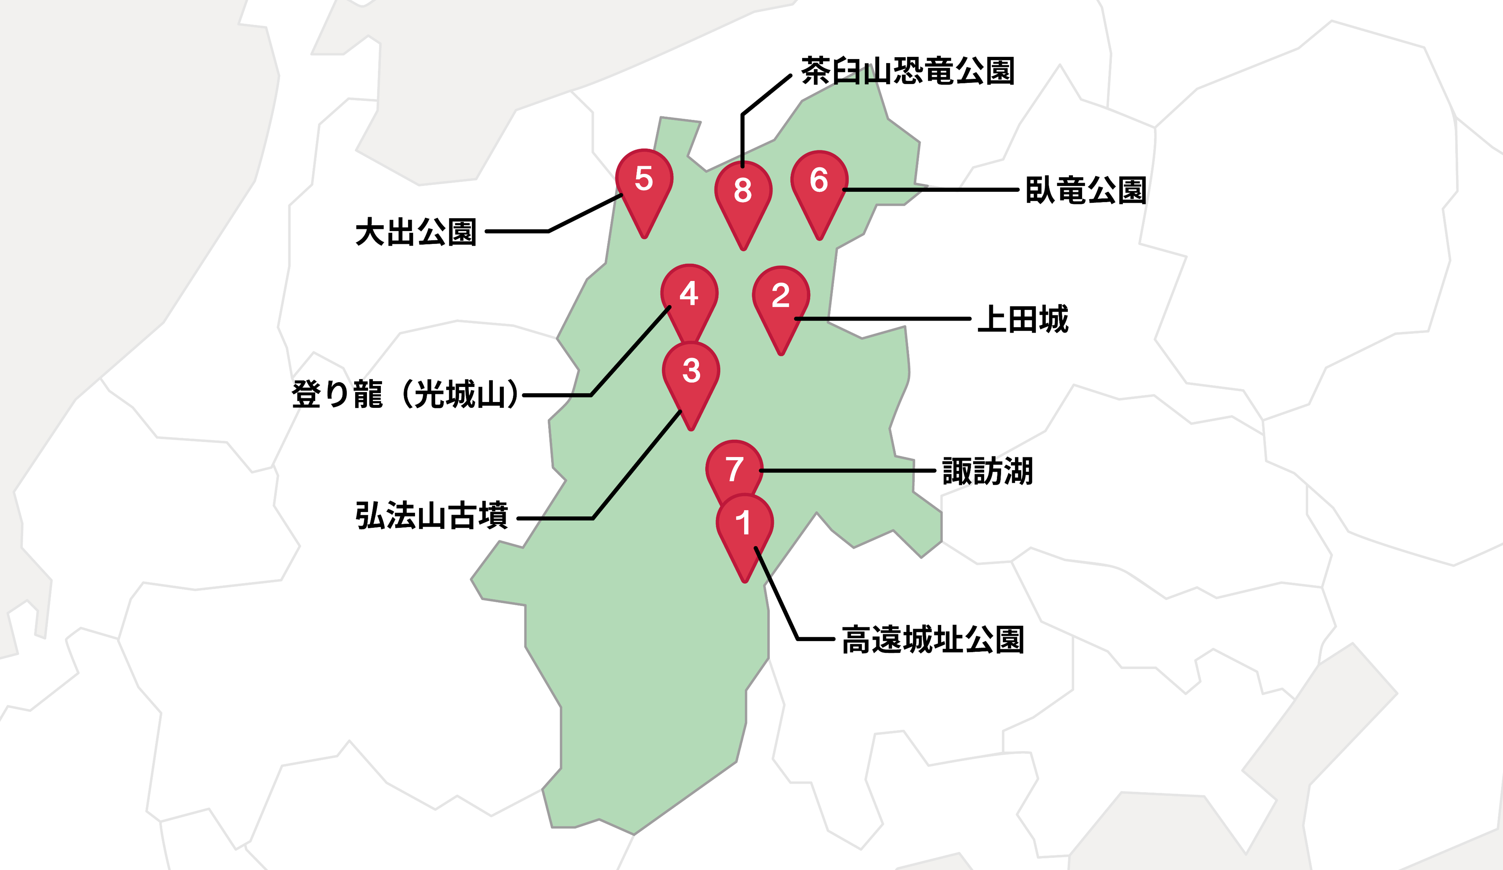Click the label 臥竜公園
tap(1085, 190)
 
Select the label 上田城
tap(1023, 319)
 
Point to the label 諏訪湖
tap(987, 471)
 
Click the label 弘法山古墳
tap(431, 515)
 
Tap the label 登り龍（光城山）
tap(405, 395)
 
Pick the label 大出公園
tap(416, 232)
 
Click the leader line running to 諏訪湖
tap(847, 471)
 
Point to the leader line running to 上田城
tap(883, 319)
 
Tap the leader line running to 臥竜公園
tap(931, 190)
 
